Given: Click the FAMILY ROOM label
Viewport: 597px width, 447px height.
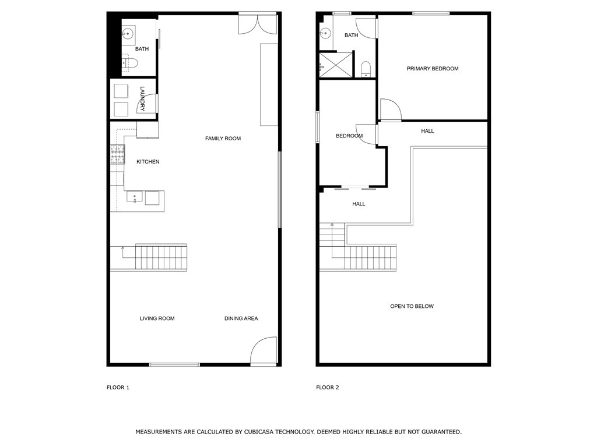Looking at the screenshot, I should (223, 139).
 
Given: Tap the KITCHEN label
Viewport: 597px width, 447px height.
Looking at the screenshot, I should (148, 162).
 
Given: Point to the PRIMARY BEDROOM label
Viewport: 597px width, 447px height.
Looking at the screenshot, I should (433, 69).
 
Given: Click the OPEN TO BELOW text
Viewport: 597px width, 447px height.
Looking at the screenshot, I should (412, 306).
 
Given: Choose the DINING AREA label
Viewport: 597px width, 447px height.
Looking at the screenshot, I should (241, 318).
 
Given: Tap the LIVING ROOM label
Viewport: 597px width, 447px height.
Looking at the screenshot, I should (157, 318).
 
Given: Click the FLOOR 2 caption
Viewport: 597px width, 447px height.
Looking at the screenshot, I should (327, 387).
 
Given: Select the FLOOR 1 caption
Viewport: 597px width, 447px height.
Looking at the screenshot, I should (118, 387).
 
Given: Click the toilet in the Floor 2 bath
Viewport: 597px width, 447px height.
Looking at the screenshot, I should (366, 70).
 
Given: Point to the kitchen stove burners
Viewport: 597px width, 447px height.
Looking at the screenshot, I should (117, 154).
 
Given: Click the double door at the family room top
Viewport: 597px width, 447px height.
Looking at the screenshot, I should (258, 23).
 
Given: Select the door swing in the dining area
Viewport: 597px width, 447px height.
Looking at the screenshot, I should (264, 352).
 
